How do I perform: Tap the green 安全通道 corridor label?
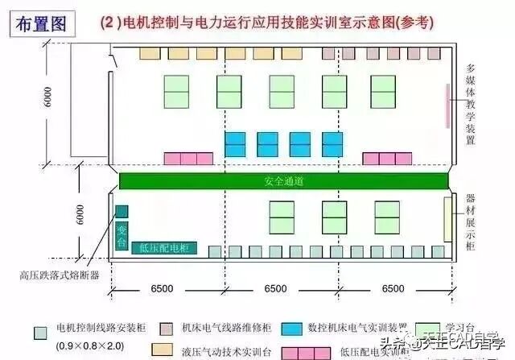[283, 181]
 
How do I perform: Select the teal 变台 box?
[122, 236]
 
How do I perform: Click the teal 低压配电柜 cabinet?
[164, 249]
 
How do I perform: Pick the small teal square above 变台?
[122, 212]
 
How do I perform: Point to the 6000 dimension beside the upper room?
[48, 96]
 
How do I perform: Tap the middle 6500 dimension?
[275, 288]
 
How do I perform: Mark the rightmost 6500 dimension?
[393, 288]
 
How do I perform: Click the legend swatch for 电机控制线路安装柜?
[39, 329]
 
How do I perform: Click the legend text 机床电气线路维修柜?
[226, 329]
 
